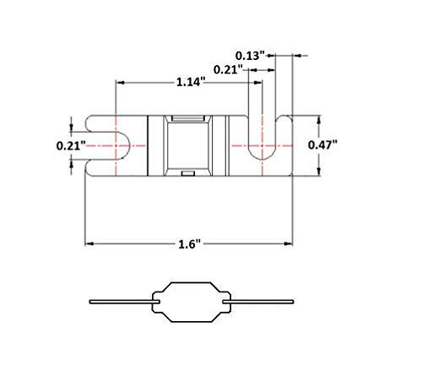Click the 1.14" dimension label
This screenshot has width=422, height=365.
[x=189, y=83]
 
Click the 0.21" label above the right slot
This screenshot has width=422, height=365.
[x=227, y=69]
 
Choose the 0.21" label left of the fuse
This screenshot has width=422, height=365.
[x=70, y=145]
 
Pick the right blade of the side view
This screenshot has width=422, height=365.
[x=262, y=301]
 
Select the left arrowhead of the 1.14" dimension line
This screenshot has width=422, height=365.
[x=119, y=83]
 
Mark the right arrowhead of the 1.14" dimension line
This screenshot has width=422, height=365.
[x=258, y=83]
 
